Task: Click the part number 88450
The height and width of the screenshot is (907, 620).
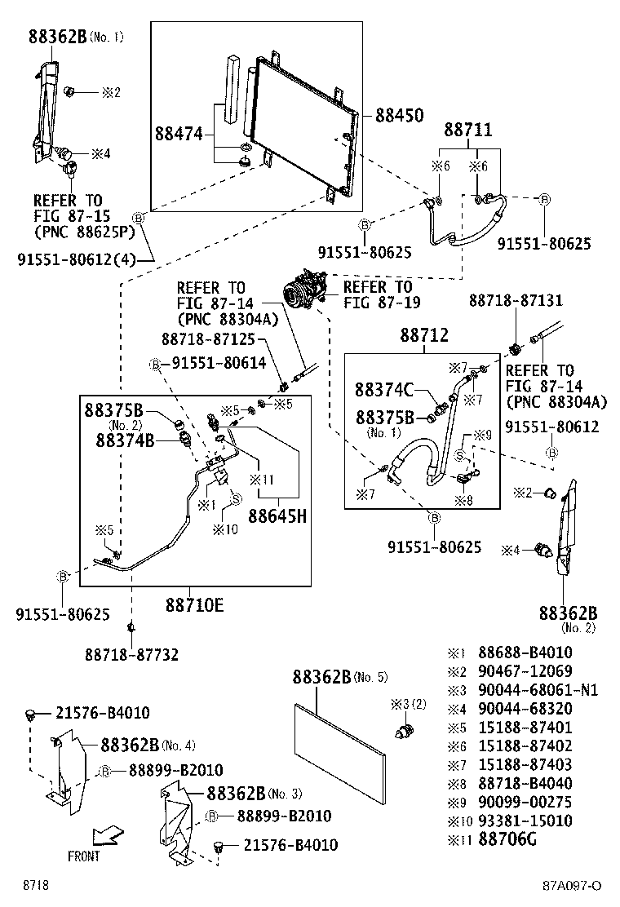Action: click(399, 116)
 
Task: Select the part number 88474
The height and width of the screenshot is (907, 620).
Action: click(179, 132)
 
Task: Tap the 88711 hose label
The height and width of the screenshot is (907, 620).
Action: click(467, 130)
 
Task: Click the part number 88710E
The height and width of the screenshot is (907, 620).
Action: click(195, 605)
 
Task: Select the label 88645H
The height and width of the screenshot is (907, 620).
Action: click(277, 515)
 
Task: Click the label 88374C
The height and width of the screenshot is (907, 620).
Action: click(384, 390)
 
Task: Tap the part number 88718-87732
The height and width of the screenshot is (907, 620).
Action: click(131, 654)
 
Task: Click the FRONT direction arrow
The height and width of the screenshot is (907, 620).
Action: click(107, 835)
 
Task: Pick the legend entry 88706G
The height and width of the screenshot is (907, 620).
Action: click(513, 839)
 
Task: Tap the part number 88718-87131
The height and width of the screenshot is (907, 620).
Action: click(516, 300)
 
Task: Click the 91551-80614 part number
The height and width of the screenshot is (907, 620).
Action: click(219, 363)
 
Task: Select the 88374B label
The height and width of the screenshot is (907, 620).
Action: click(125, 440)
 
